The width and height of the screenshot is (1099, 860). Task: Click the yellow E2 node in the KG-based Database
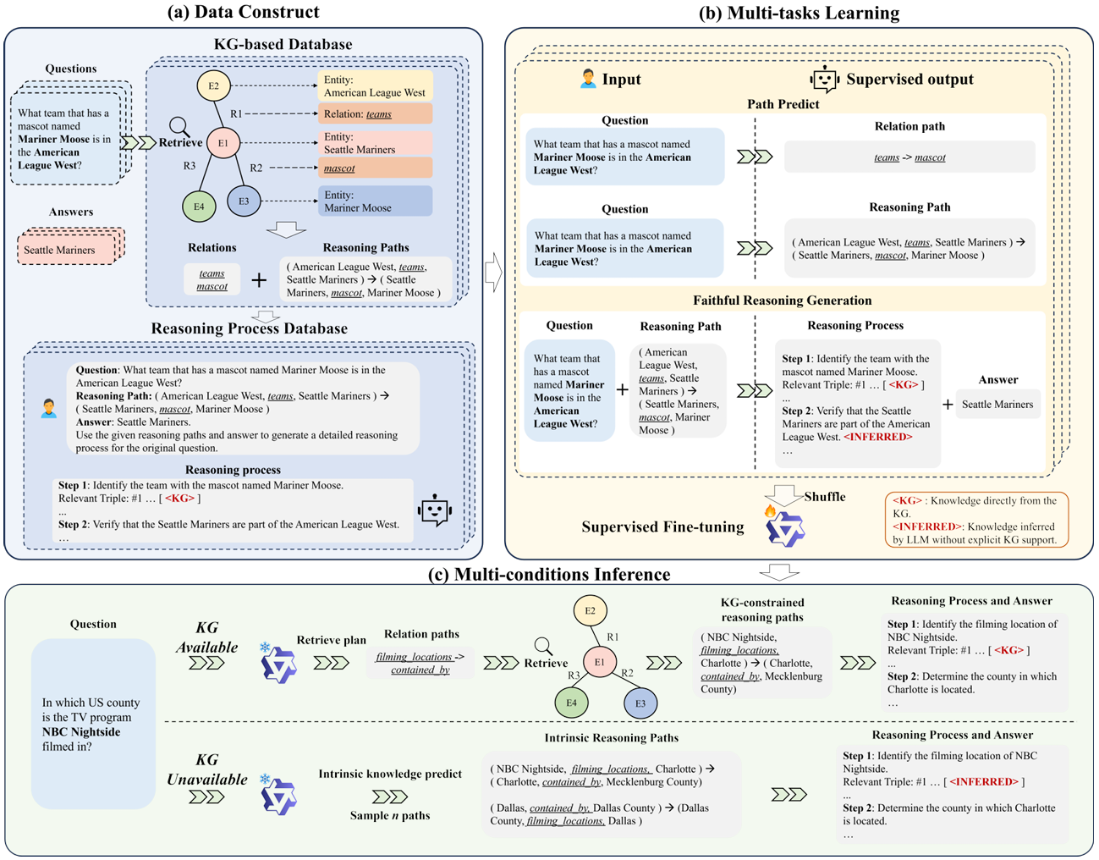213,85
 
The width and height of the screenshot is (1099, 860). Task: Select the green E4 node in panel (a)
199,206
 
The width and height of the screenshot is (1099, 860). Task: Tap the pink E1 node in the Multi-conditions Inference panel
599,662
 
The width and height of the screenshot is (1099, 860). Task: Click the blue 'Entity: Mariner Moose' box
376,201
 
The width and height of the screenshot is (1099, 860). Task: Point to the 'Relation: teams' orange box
376,113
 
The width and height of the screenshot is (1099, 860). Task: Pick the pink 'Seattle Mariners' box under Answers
66,250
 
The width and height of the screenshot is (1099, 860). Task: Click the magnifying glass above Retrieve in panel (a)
179,126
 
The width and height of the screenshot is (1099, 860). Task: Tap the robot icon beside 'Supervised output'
824,80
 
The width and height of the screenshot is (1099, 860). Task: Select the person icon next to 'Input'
588,79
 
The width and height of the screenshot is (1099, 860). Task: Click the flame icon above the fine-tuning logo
770,511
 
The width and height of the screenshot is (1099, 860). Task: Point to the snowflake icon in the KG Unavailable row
265,778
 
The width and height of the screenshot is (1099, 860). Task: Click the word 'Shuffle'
824,497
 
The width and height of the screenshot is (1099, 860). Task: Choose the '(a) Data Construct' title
244,12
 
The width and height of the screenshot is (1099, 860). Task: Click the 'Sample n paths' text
390,815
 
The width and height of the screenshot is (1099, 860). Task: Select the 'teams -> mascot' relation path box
909,157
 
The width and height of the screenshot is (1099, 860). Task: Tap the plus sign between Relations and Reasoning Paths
259,279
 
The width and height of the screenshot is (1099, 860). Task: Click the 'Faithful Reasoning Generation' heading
782,300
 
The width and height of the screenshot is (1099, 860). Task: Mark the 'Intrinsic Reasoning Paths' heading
612,737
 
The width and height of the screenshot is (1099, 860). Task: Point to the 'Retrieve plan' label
332,640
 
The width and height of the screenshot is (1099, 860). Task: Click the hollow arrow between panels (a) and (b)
493,273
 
